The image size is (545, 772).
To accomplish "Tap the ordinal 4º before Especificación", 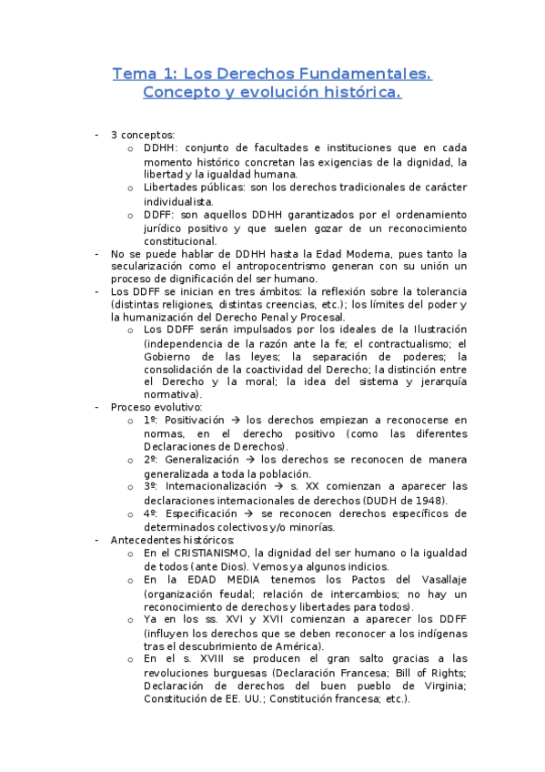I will [151, 513].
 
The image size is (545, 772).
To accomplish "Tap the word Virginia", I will [441, 686].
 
